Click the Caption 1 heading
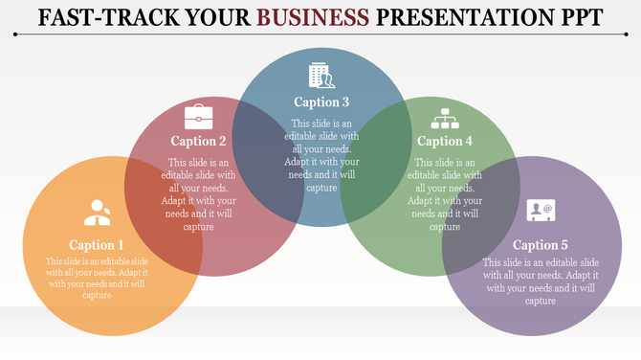[97, 245]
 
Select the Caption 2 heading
[198, 142]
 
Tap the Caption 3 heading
[321, 102]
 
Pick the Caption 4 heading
[445, 142]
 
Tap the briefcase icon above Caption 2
[199, 117]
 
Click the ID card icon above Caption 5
[541, 210]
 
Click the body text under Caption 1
[97, 279]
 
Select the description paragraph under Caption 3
[321, 155]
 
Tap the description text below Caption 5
[541, 281]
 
